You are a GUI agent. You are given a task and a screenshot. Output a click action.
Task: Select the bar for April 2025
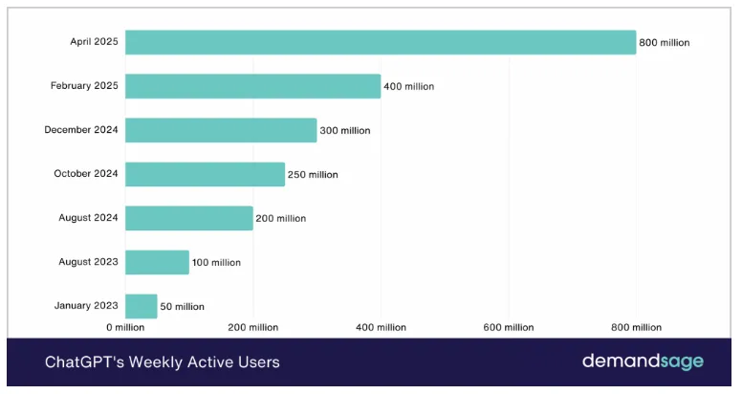point(381,42)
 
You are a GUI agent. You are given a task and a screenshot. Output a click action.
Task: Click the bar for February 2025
point(252,86)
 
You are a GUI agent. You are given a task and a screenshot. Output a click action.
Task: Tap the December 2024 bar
point(221,130)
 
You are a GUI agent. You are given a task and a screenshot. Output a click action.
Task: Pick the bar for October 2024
point(205,174)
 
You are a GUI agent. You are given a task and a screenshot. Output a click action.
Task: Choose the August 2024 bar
point(188,218)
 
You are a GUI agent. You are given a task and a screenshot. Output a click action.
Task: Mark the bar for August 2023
point(157,262)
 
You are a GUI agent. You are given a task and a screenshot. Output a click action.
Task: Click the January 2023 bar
point(141,306)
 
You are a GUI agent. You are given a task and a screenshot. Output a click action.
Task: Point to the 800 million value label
point(665,43)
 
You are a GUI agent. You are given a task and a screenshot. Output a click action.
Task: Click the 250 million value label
point(313,175)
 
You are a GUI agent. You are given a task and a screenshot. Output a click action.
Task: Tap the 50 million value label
point(183,307)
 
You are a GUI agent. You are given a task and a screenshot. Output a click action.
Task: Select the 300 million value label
point(345,131)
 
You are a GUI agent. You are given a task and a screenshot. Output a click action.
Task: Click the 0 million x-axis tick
point(125,328)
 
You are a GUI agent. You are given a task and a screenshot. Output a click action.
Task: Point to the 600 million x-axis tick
point(508,328)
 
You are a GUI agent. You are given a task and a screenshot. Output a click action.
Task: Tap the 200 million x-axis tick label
point(252,328)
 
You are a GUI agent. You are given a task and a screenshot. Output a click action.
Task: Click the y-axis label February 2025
point(84,86)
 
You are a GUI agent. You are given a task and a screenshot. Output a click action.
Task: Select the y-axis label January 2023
point(86,306)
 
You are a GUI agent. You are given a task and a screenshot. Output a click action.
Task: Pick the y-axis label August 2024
point(88,218)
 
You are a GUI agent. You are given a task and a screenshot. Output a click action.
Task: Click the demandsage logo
point(643,362)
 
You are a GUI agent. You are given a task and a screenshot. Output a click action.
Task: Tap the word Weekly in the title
point(147,363)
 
